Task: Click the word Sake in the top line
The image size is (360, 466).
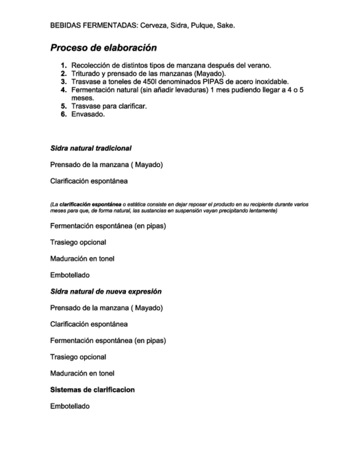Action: [226, 25]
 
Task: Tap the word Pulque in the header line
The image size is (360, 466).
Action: [201, 25]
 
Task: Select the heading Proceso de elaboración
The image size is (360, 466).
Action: [103, 48]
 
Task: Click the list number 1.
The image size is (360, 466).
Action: [64, 65]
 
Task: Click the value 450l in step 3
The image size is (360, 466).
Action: [142, 82]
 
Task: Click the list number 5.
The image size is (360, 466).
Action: [64, 106]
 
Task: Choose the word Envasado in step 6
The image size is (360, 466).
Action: [88, 114]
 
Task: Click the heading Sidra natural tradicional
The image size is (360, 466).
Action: [91, 148]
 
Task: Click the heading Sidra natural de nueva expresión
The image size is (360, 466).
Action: [106, 291]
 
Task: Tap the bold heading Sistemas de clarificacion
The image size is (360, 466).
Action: [92, 390]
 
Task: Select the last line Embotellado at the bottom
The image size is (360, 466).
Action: [70, 406]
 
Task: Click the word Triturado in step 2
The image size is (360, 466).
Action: [87, 74]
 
